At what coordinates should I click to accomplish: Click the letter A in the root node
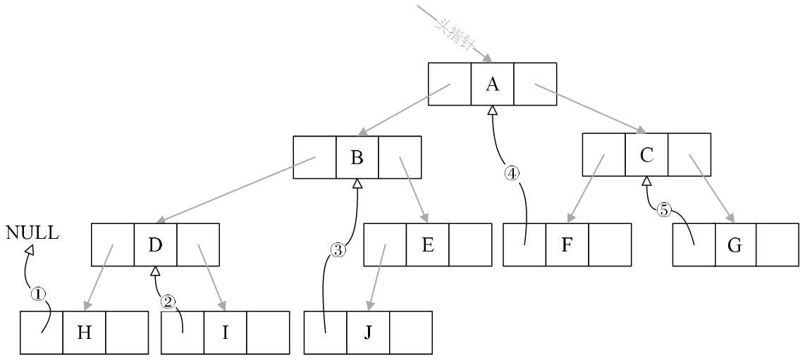492,85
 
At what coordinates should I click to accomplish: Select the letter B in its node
357,157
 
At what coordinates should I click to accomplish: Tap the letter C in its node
646,155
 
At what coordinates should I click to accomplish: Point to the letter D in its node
155,245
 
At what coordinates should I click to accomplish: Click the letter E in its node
427,245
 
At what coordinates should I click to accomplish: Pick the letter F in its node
567,246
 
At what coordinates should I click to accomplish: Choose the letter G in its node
734,246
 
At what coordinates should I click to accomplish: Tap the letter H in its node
84,333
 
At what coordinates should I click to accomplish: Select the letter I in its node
225,333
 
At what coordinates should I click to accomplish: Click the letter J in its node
367,333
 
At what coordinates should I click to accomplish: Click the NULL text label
32,233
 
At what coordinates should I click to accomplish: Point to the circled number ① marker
38,294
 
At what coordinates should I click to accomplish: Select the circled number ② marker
168,302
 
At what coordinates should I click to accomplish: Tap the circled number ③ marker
338,249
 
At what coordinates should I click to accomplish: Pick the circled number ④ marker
512,173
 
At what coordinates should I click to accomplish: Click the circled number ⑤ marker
663,209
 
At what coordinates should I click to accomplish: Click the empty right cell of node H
127,333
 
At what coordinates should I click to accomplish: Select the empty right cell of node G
777,245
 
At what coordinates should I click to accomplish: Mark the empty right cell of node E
469,245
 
